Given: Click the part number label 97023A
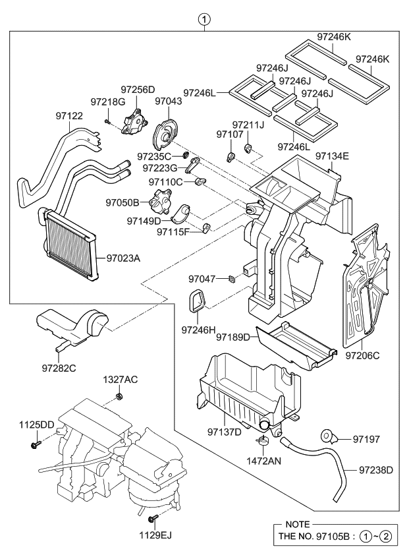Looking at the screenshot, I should pos(123,258).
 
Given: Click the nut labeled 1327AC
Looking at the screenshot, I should pos(119,396).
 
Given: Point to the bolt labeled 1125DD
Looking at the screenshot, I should pos(33,446).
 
